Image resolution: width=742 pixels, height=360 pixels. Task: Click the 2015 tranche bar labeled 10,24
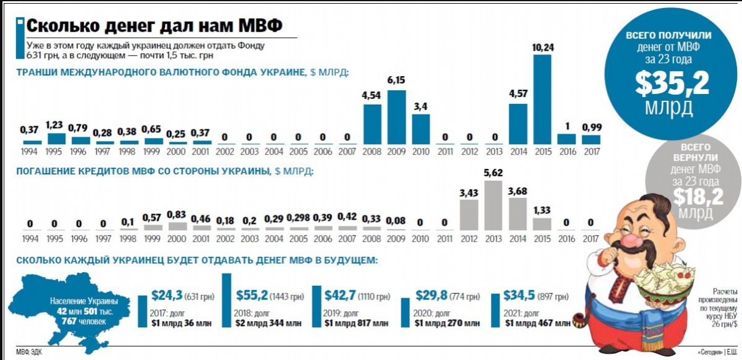point(542,99)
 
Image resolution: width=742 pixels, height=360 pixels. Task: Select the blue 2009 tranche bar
point(396,117)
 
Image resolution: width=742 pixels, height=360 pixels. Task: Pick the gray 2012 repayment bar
point(469,216)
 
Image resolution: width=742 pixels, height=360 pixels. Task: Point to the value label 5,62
point(493,173)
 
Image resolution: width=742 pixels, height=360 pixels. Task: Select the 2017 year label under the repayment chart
point(591,239)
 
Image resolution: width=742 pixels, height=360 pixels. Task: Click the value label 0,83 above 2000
point(176,215)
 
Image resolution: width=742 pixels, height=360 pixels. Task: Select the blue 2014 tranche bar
point(518,124)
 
